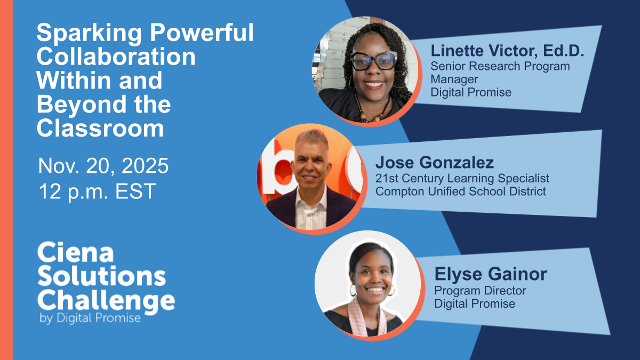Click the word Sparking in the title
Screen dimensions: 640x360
point(89,34)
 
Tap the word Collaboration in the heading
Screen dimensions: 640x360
point(116,57)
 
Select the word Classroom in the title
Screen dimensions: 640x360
point(100,129)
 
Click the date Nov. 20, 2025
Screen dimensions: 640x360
point(103,166)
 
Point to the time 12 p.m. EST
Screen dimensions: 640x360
point(98,191)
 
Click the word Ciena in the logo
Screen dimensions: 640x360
point(76,252)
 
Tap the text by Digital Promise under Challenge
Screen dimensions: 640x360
point(90,318)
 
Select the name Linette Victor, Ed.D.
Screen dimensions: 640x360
point(507,51)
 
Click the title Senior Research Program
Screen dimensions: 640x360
point(500,66)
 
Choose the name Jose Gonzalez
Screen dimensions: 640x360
point(435,163)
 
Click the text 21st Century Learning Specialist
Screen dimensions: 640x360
point(462,178)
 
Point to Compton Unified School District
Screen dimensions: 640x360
point(461,191)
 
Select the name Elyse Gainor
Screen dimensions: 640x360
point(491,274)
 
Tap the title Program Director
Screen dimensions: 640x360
point(480,291)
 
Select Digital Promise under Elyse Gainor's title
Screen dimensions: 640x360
point(475,303)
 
